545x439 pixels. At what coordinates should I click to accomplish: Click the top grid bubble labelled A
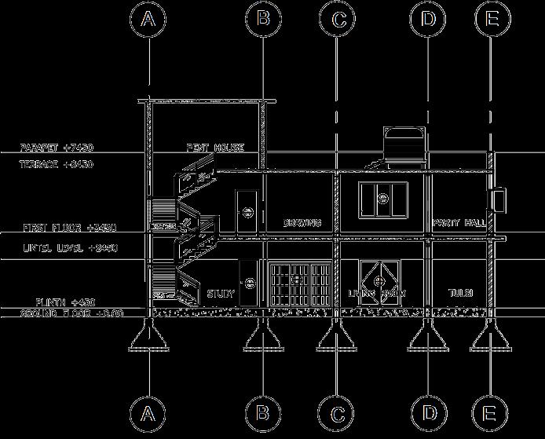(x=148, y=19)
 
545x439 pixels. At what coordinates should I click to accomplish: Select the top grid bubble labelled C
(x=338, y=19)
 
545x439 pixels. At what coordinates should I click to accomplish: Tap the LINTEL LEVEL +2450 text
(x=70, y=247)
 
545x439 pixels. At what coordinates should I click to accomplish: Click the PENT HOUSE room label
(x=215, y=148)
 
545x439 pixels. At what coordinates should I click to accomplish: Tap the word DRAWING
(x=302, y=223)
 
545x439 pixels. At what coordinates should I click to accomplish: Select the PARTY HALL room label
(x=459, y=223)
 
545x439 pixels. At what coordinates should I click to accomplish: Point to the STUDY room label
(x=221, y=294)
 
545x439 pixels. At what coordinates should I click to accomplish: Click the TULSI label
(x=460, y=293)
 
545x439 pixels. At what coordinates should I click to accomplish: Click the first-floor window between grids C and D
(x=384, y=199)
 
